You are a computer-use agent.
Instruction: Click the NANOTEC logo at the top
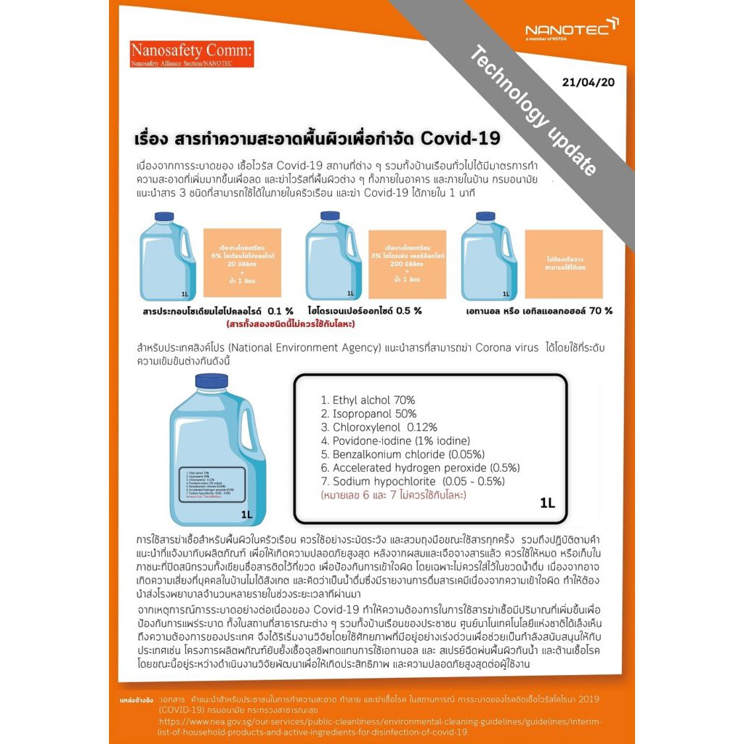571,29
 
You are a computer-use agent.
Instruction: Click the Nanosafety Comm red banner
192,54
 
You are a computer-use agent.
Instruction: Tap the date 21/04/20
588,82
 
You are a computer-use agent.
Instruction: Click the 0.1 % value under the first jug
280,311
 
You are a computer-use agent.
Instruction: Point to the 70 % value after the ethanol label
601,311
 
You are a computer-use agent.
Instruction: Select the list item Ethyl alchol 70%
368,400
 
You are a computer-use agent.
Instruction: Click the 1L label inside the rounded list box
547,502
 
